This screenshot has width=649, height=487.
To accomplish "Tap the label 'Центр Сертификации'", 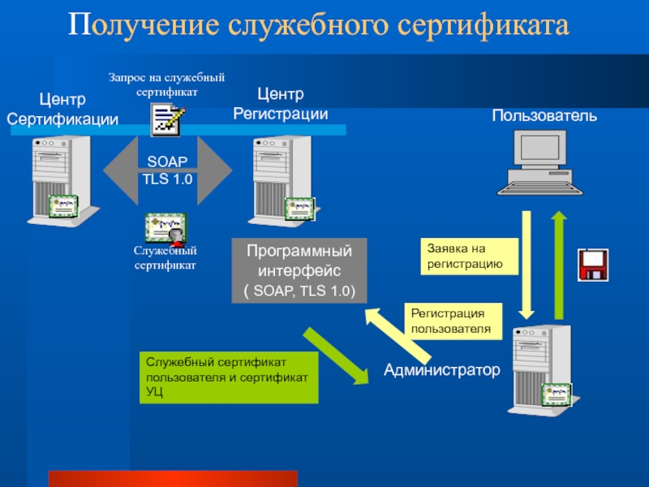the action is pos(62,110).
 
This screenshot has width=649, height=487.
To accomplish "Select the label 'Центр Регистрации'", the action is pos(281,106).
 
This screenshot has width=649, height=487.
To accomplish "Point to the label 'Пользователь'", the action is pos(544,116).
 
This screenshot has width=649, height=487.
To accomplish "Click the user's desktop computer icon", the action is pos(539,162).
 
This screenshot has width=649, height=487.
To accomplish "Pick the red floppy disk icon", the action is pos(593,265).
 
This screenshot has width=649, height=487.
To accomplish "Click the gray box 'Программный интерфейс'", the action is pos(299,270).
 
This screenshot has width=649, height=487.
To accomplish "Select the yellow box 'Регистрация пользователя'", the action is pos(453,321).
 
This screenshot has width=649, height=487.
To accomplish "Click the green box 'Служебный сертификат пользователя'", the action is pos(229,377).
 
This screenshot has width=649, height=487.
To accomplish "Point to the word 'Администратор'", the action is pos(442,371).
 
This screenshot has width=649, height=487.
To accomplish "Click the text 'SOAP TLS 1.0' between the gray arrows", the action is pos(167,171).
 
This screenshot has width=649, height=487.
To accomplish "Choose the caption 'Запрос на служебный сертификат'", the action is pos(167,84).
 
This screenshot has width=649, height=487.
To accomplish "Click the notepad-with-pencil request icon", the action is pos(167,120).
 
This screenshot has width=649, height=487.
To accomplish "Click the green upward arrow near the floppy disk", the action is pos(559,264).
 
